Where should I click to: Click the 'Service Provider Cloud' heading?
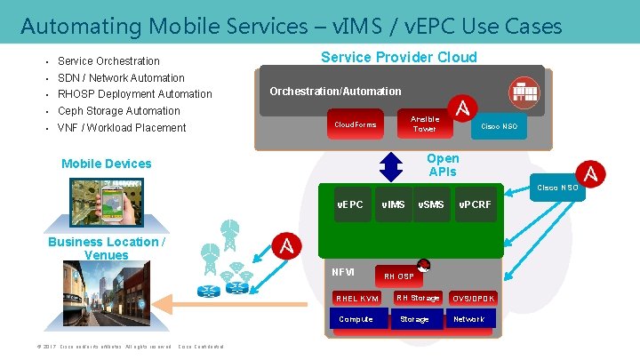click(398, 58)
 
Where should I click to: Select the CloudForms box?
click(355, 124)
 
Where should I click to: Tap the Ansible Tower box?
click(424, 124)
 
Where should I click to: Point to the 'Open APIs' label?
click(443, 164)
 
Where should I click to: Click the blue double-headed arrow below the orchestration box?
click(391, 165)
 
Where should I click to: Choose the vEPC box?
click(350, 205)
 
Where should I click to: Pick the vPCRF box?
click(475, 205)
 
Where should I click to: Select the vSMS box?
click(431, 205)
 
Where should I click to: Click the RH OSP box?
click(398, 276)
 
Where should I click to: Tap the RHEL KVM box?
click(356, 299)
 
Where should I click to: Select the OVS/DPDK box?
click(473, 299)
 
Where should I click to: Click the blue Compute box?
click(356, 319)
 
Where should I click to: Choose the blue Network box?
click(469, 319)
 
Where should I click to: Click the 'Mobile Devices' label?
click(106, 164)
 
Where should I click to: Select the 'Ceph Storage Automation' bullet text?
click(118, 111)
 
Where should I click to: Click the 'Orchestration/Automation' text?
click(335, 92)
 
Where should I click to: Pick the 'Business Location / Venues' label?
click(107, 249)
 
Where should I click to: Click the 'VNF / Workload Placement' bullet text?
click(122, 128)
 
